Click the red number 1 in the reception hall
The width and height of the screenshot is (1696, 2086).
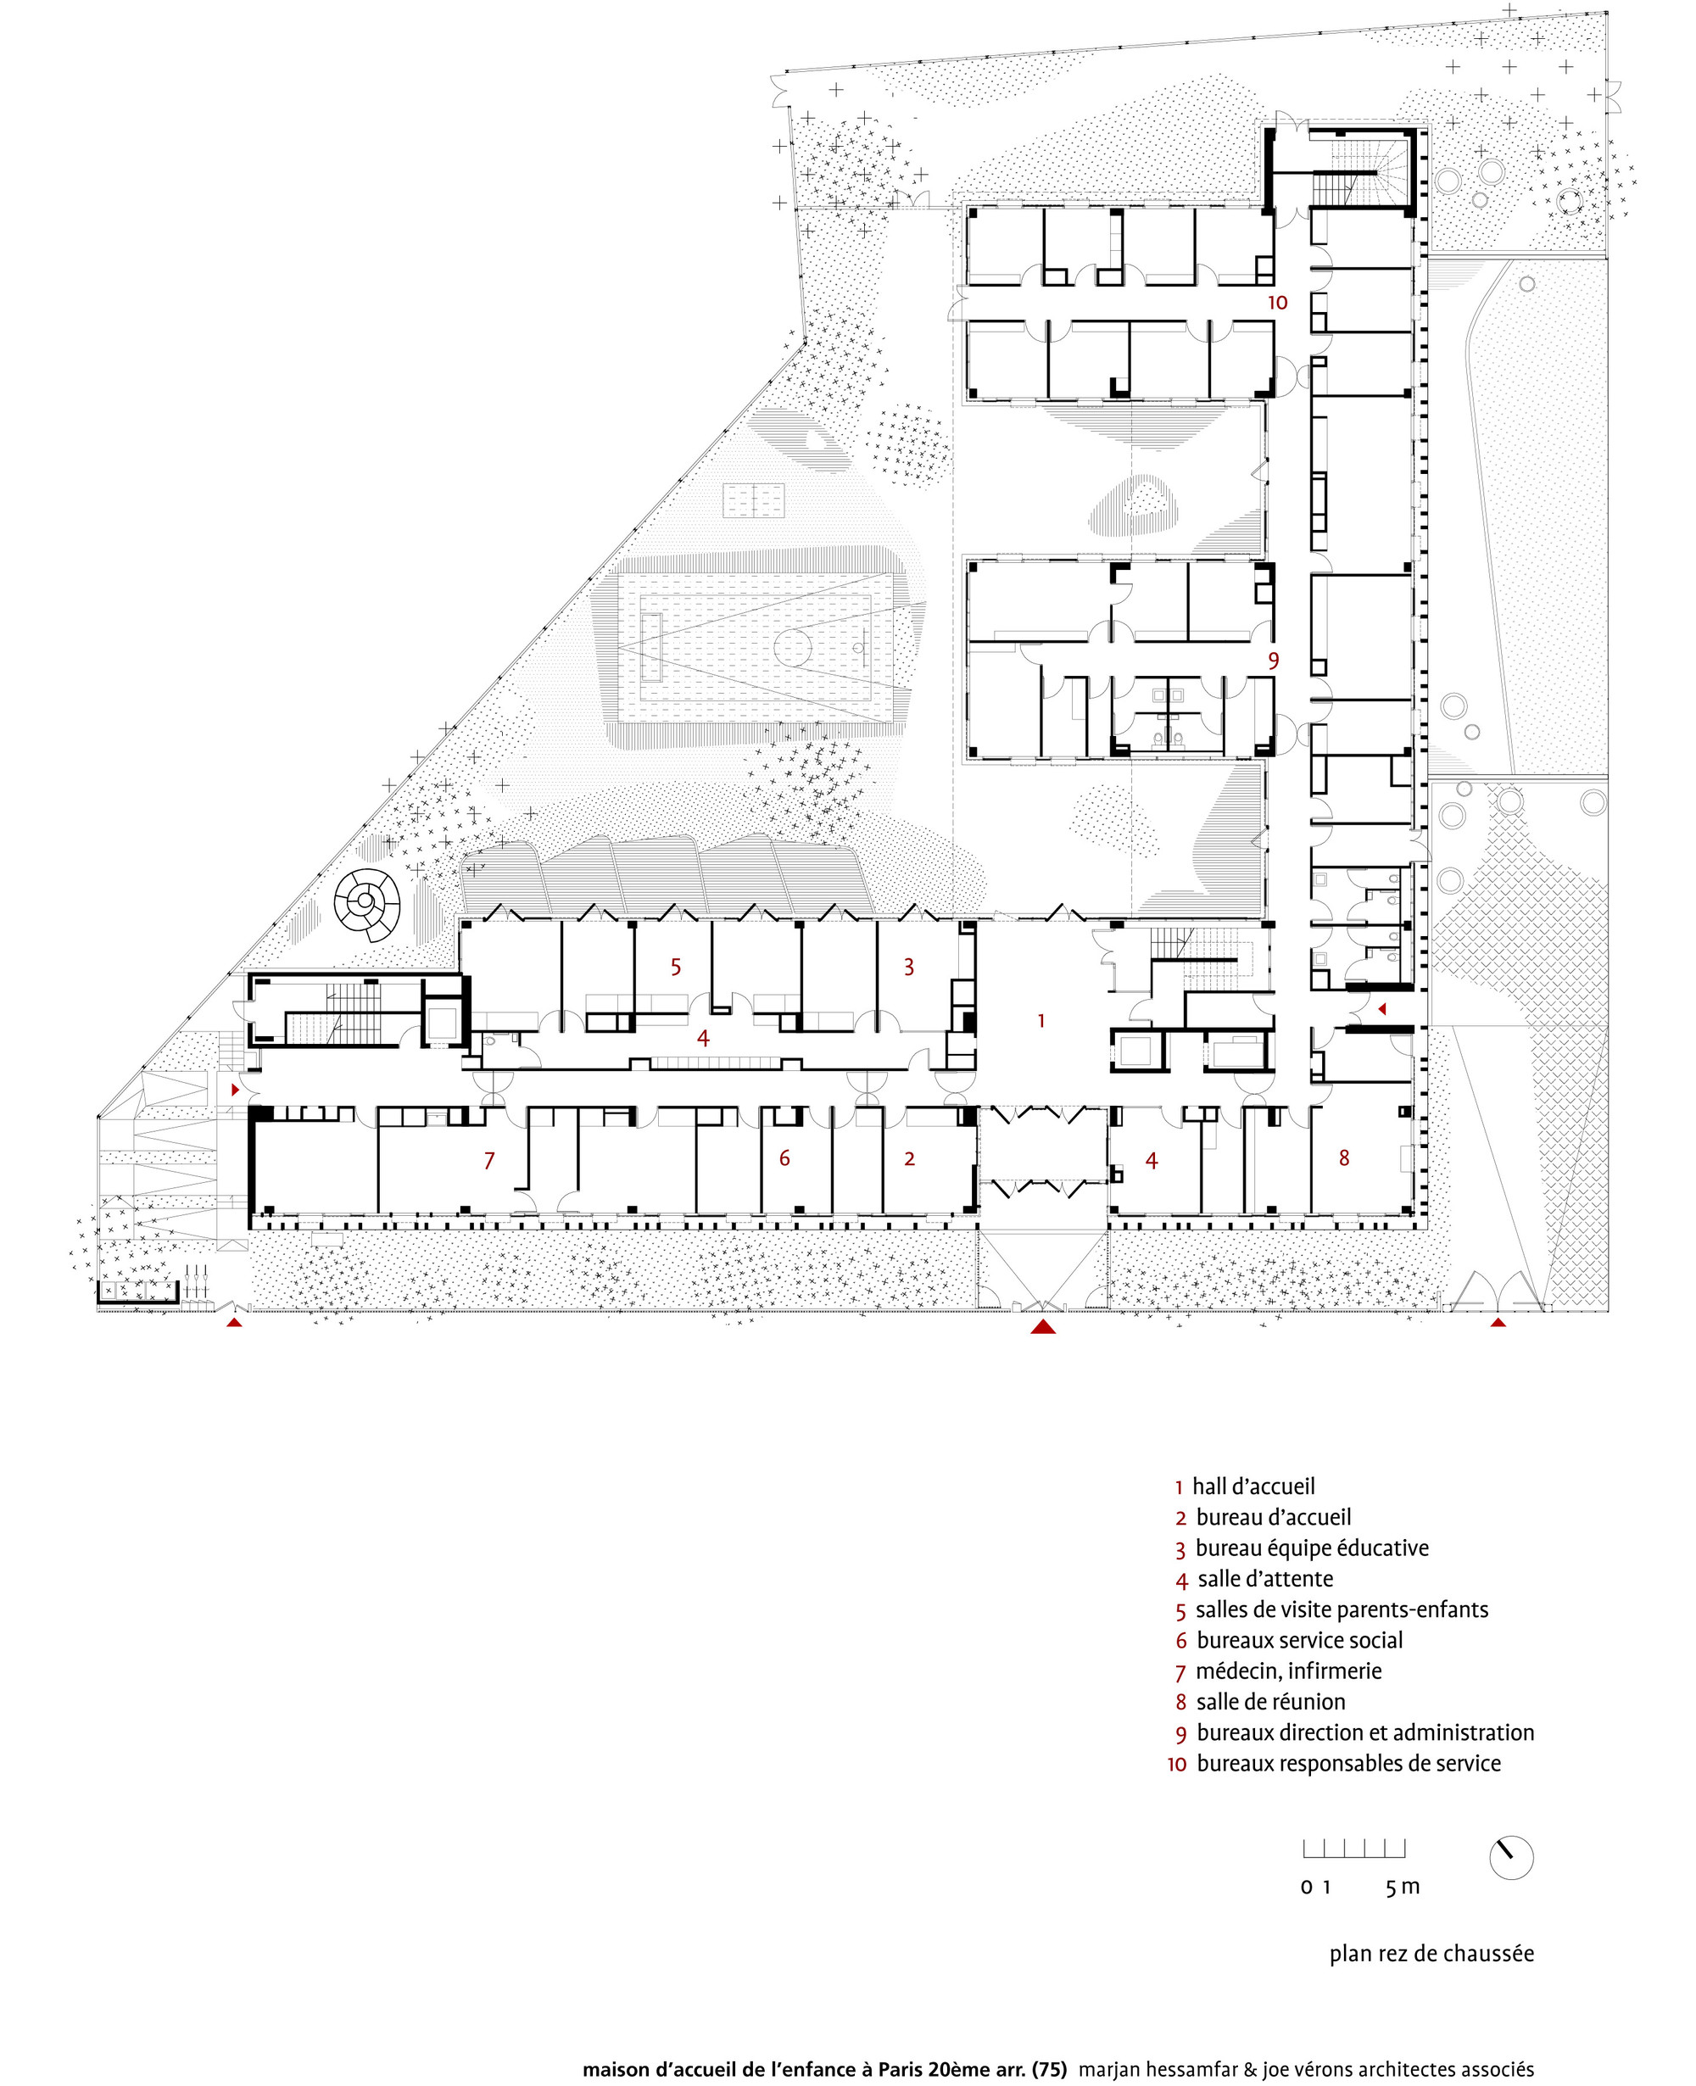[x=1041, y=1020]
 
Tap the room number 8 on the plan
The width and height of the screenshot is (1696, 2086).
[x=1344, y=1157]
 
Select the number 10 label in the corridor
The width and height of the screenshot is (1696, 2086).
[x=1278, y=303]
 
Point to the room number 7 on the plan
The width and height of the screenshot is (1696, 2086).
[x=489, y=1160]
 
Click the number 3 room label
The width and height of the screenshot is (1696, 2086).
[x=908, y=968]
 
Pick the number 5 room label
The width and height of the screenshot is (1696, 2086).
[x=675, y=968]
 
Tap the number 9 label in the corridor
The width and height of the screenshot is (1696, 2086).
[x=1273, y=661]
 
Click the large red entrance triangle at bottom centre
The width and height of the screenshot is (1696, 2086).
[x=1043, y=1326]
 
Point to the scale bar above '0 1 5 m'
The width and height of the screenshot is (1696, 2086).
[x=1354, y=1848]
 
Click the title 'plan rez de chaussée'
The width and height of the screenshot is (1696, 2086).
[x=1431, y=1953]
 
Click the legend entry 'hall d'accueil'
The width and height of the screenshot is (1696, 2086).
[x=1253, y=1486]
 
